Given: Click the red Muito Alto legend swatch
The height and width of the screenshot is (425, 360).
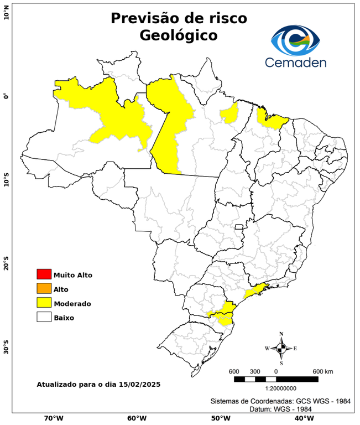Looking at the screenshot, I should tap(44, 274).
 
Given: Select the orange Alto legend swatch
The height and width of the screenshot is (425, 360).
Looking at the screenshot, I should tap(44, 288).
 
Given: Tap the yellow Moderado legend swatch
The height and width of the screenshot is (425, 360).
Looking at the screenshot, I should tap(44, 303).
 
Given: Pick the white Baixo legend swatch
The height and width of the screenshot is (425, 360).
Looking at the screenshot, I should tap(44, 317).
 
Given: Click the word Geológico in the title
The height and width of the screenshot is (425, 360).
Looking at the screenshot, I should tap(179, 35).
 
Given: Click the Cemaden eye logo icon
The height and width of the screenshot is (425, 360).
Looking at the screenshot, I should tap(299, 39).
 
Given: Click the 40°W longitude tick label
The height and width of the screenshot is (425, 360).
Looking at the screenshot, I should tap(302, 418).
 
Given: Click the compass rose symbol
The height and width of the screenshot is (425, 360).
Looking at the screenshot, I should tap(281, 348).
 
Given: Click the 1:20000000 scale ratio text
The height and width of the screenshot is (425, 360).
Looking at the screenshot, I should tap(276, 388).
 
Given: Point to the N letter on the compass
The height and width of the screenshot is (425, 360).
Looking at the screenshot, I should tap(281, 334).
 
